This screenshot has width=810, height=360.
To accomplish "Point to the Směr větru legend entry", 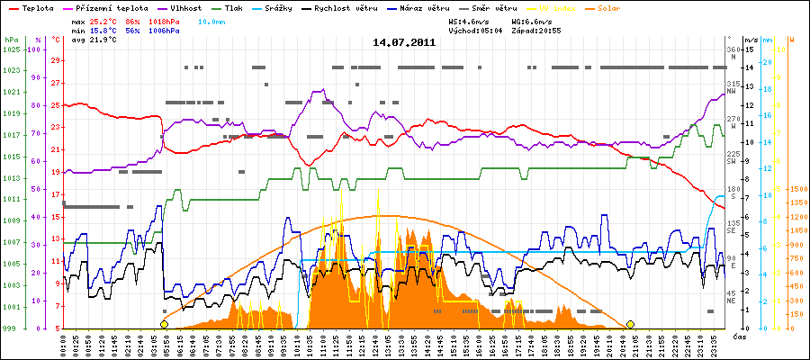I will click(496, 7).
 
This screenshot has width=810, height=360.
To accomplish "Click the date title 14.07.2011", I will click(404, 41).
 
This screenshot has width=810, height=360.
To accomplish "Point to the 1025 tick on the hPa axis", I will click(11, 49).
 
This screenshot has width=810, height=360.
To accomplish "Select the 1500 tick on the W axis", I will click(796, 190).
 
